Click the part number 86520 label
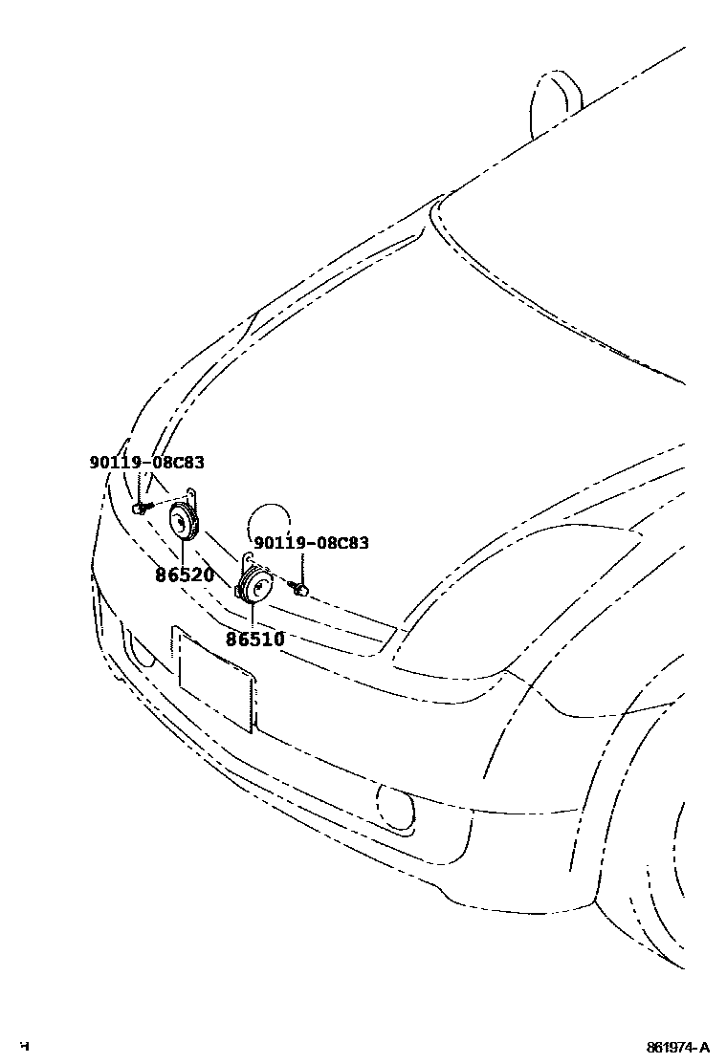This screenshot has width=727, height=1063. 185,575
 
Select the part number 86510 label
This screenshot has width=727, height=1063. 254,639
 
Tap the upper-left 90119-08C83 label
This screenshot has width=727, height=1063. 146,463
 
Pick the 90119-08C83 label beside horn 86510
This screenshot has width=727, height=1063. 311,543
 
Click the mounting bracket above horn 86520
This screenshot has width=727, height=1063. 192,498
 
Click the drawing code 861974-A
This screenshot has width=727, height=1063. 678,1047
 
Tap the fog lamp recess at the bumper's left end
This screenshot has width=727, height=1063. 140,650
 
